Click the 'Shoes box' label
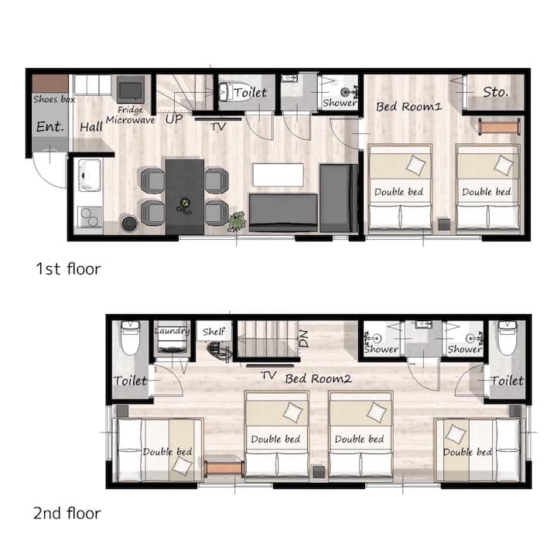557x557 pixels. point(54,99)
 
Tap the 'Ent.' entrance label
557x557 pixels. point(50,126)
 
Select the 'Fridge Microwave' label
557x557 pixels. point(131,115)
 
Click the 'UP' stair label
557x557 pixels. point(174,119)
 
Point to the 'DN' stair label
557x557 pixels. point(303,339)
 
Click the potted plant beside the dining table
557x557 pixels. point(237,221)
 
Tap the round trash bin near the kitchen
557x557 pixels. point(129,223)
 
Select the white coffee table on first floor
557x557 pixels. point(278,175)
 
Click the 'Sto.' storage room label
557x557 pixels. point(496,92)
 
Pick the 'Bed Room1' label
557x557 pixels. point(409,106)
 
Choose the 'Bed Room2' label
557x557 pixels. point(318,378)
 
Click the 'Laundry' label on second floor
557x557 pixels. point(173,331)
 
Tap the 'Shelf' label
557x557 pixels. point(214,332)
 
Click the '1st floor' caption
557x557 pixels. point(69,269)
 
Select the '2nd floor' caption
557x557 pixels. point(67,514)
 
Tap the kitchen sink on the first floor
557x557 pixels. point(90,176)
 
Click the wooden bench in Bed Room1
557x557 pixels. point(499,126)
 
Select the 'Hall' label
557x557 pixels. point(91,127)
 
